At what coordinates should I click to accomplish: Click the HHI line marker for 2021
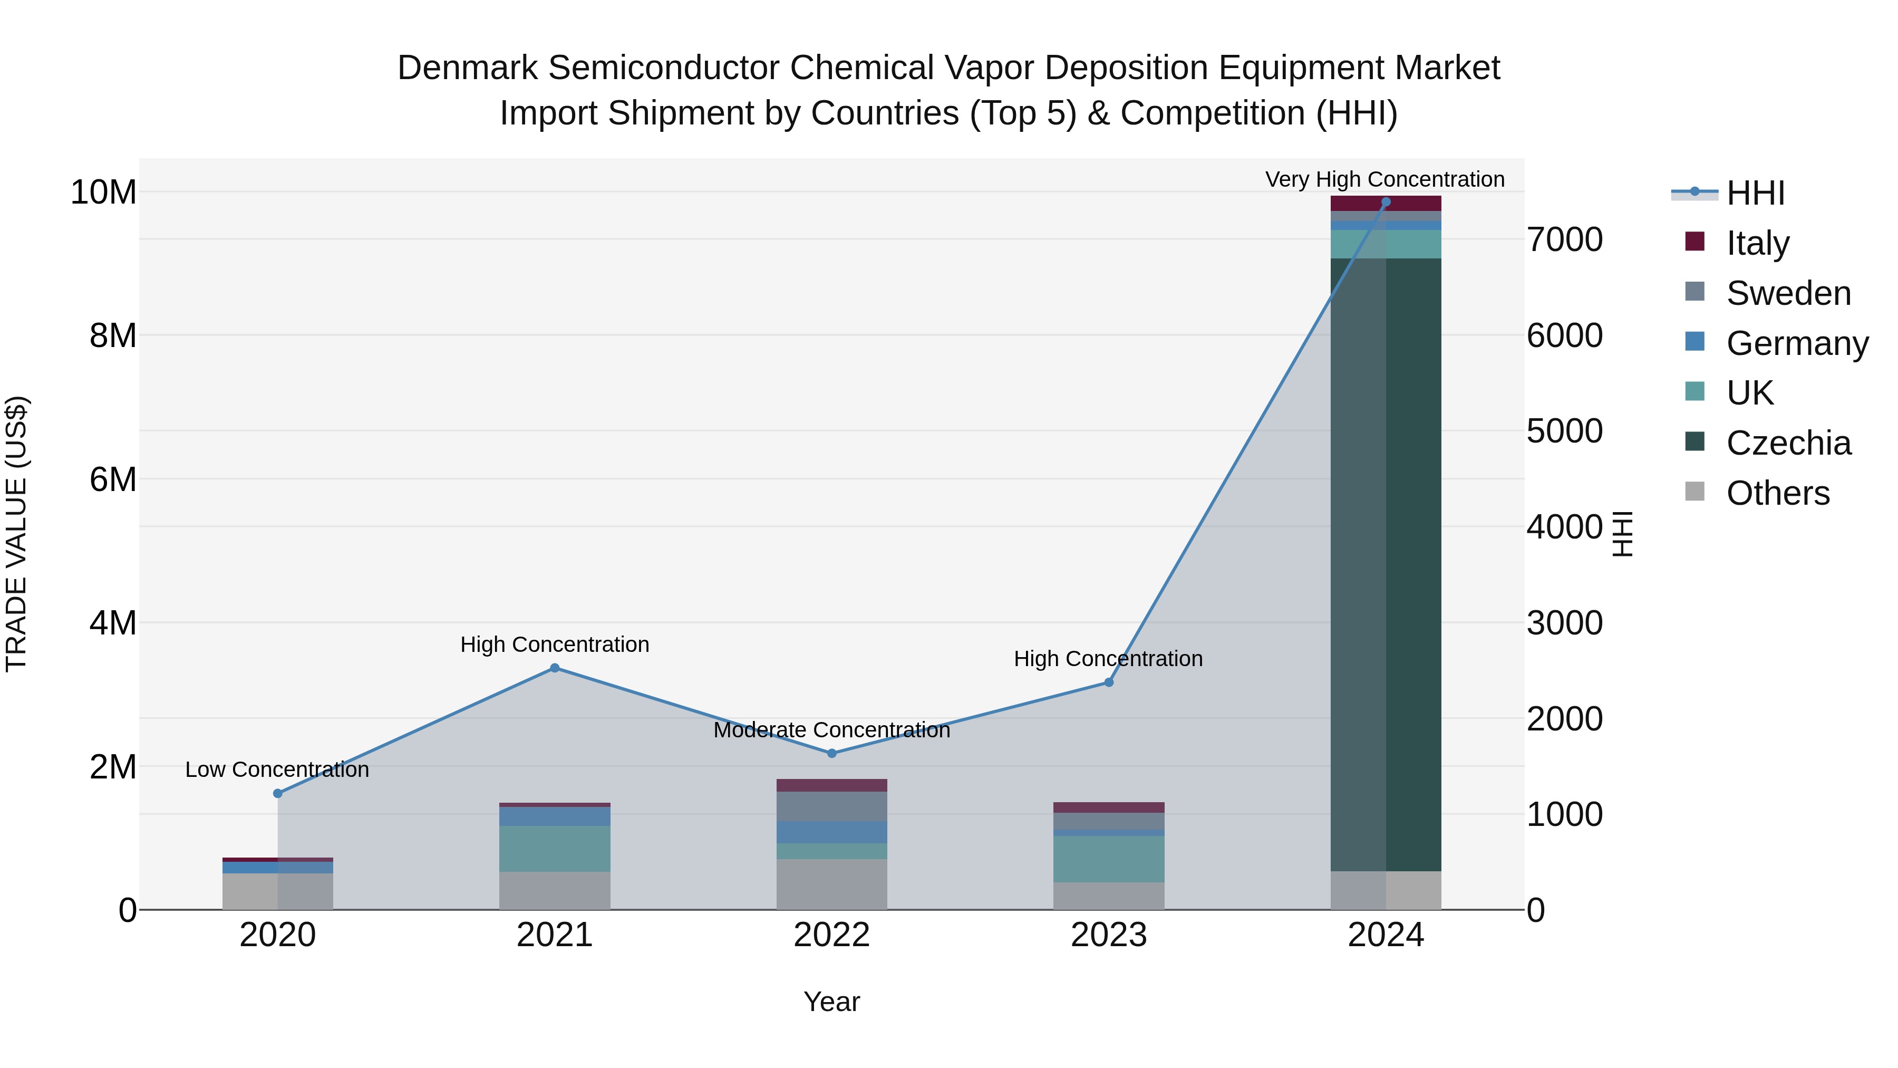(x=555, y=668)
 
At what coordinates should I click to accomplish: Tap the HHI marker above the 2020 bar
(x=278, y=793)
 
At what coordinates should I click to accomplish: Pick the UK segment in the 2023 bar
(x=1108, y=859)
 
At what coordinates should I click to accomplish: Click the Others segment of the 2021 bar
(x=555, y=890)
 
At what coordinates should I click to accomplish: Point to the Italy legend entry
(x=1757, y=243)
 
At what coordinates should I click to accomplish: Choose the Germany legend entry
(x=1796, y=343)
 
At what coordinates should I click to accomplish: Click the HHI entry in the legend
(x=1755, y=193)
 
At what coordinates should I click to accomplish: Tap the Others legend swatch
(x=1694, y=492)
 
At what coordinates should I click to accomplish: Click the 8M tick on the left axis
(x=113, y=335)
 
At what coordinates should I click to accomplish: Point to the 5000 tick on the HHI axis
(x=1564, y=431)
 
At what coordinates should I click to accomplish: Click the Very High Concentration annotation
(x=1384, y=179)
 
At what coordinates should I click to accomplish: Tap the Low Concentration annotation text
(x=277, y=769)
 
